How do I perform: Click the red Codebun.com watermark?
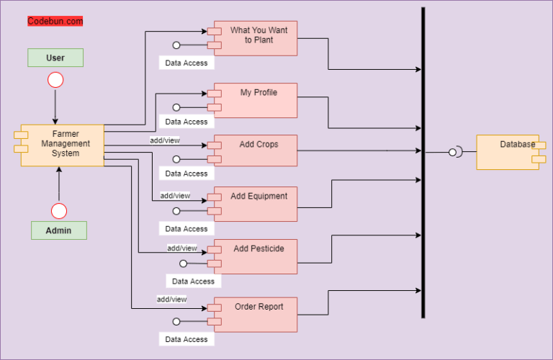tap(55, 22)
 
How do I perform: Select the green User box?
tap(55, 58)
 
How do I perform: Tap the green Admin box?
tap(58, 230)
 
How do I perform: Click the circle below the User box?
tap(55, 79)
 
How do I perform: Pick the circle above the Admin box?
tap(58, 211)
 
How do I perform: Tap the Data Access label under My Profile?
tap(186, 122)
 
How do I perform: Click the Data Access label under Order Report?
tap(186, 339)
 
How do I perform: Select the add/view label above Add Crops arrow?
tap(164, 140)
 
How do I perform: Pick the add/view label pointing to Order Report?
tap(171, 299)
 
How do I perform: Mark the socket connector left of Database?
tap(455, 152)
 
